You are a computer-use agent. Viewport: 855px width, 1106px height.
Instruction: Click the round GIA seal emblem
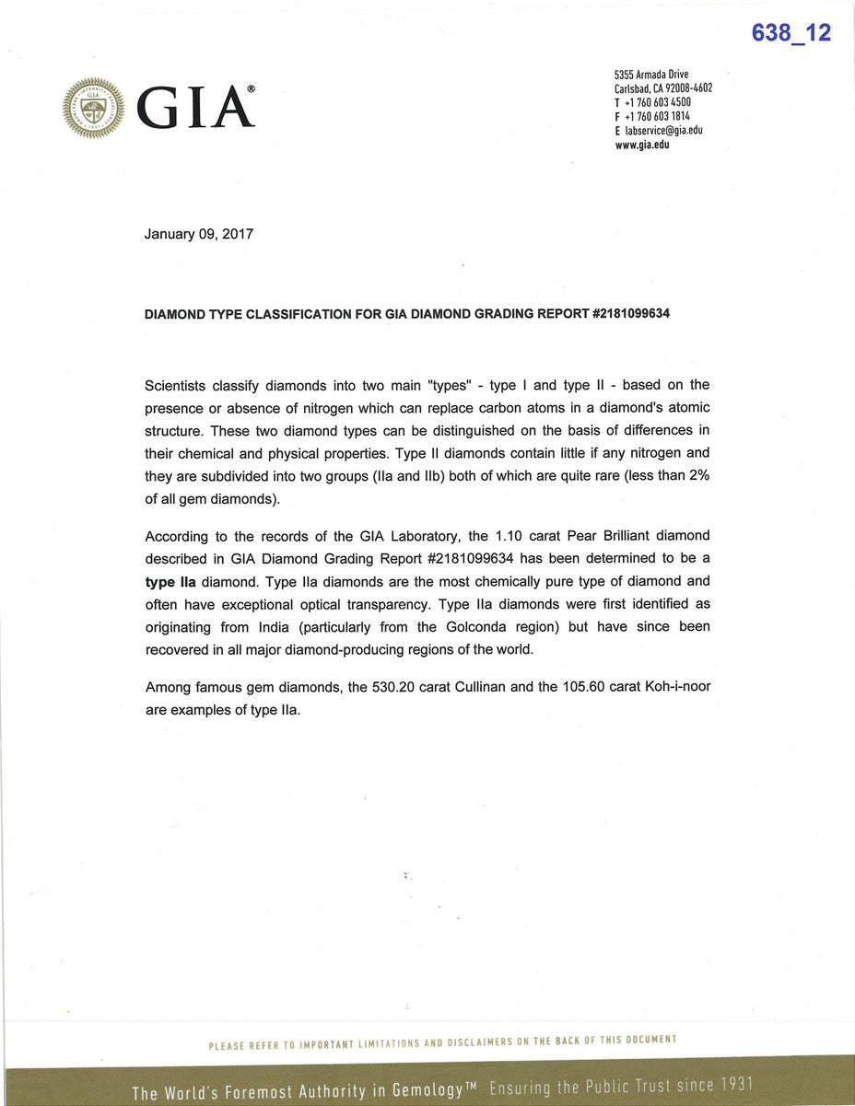(93, 109)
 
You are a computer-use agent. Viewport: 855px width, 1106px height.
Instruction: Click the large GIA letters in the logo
(195, 109)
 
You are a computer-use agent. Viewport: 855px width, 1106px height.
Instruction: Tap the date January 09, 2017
(198, 234)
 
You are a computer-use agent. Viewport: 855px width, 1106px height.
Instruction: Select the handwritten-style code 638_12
(791, 33)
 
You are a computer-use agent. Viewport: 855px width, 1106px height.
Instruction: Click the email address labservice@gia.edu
(663, 131)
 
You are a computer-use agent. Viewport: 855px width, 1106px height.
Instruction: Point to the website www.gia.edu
(641, 145)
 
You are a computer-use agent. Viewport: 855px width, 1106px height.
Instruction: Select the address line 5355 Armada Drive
(651, 75)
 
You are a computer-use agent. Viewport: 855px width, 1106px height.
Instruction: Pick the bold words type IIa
(170, 582)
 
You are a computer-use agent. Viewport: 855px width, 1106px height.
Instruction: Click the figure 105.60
(586, 687)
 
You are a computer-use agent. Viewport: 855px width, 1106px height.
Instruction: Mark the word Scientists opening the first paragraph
(179, 385)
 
